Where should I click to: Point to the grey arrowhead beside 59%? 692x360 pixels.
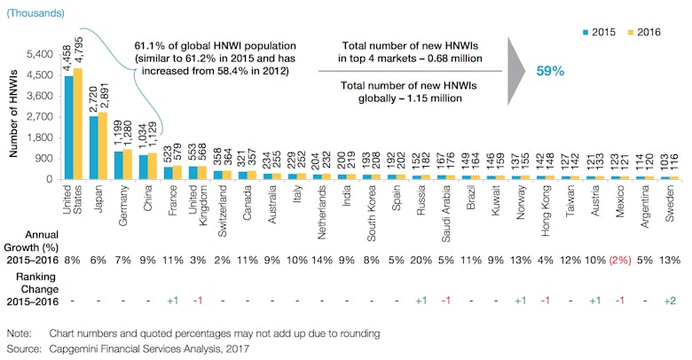point(513,70)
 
